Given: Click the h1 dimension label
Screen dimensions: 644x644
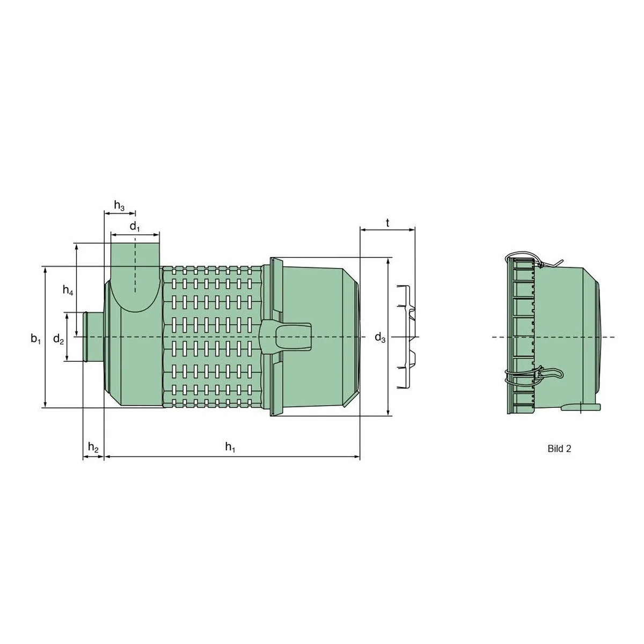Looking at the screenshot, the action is [230, 447].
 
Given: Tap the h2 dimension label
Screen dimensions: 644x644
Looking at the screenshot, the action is [93, 447].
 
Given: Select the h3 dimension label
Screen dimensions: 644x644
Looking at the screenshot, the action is [119, 205].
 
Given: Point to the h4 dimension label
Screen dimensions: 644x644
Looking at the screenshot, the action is [68, 290].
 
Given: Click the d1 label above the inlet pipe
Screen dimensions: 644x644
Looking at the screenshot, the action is [134, 227].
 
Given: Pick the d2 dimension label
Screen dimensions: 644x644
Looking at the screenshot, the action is [58, 339].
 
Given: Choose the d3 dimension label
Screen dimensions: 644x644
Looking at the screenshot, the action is [380, 338].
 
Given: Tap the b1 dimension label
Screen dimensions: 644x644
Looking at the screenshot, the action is [36, 339].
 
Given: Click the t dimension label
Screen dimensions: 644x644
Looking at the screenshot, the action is [387, 223].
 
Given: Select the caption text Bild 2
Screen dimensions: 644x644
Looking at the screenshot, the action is [559, 449].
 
